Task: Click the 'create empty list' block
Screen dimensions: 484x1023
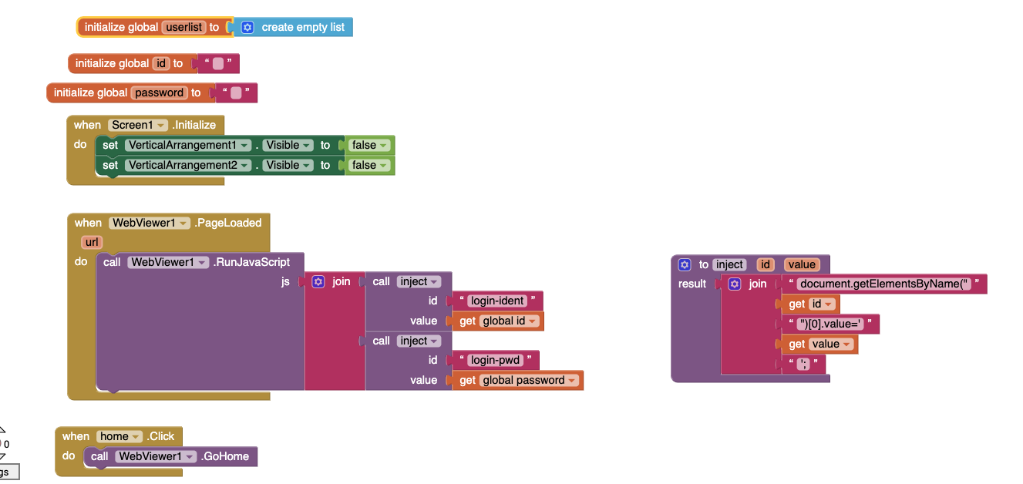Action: pyautogui.click(x=303, y=27)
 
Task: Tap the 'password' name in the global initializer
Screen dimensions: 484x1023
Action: pyautogui.click(x=160, y=93)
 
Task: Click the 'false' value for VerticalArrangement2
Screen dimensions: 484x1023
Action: pyautogui.click(x=369, y=165)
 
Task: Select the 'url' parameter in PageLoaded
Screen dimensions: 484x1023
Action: pyautogui.click(x=92, y=242)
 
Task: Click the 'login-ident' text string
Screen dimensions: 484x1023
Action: pyautogui.click(x=497, y=301)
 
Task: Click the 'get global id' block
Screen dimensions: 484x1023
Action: pyautogui.click(x=498, y=321)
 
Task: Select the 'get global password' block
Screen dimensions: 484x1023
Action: pyautogui.click(x=517, y=380)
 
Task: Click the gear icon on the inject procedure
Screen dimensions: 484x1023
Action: pyautogui.click(x=684, y=264)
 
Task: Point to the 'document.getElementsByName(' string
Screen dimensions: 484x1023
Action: pyautogui.click(x=883, y=284)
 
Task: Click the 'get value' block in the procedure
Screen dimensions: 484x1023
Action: pyautogui.click(x=818, y=344)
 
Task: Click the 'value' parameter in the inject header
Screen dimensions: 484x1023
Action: pyautogui.click(x=802, y=264)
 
